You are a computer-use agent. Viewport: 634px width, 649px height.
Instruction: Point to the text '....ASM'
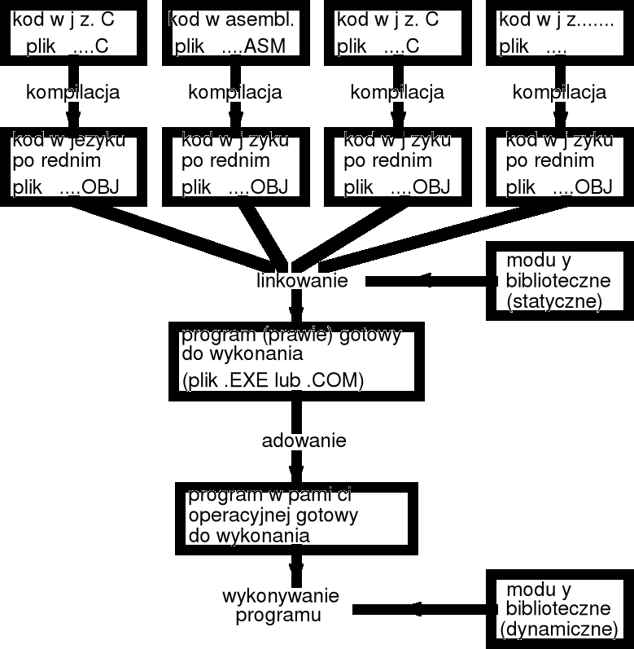(256, 46)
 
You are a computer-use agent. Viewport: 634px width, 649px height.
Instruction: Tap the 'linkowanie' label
(302, 281)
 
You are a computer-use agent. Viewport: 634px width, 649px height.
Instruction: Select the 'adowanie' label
(304, 441)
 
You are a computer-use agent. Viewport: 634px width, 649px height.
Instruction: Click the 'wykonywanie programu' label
(280, 605)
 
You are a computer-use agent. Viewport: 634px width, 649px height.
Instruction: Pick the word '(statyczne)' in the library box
(553, 302)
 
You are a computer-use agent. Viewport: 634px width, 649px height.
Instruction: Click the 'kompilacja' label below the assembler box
(234, 92)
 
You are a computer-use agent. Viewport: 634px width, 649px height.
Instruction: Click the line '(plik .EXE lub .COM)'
(273, 379)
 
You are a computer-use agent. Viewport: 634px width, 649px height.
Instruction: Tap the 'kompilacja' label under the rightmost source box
(558, 92)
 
